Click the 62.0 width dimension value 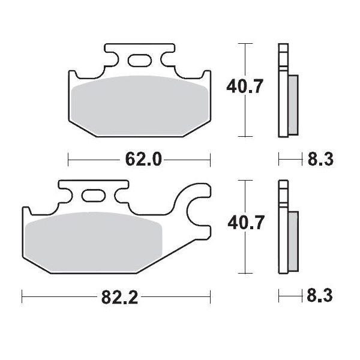point(143,160)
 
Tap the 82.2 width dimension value point(119,296)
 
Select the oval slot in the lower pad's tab point(93,196)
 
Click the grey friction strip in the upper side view point(293,104)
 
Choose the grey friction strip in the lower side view point(293,240)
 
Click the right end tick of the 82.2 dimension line point(211,296)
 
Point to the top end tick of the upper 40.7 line point(244,44)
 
